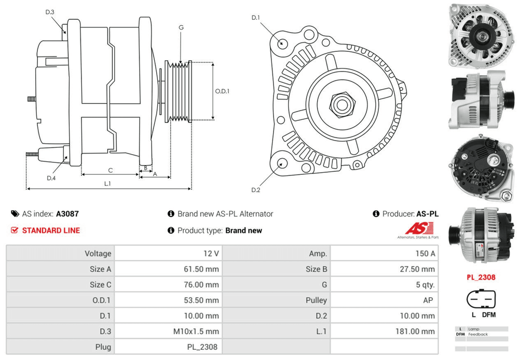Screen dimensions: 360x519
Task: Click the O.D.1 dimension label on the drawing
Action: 222,91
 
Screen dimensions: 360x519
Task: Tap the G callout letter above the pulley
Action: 181,27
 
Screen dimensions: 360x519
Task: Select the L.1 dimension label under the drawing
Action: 107,183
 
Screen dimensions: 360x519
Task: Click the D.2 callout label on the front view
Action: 255,190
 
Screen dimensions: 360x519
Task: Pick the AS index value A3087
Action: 67,214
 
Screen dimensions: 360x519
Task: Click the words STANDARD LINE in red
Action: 51,230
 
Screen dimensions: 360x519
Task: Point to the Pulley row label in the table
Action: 316,300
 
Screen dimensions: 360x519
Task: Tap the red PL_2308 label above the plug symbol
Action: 480,277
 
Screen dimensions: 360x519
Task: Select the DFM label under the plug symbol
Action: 488,315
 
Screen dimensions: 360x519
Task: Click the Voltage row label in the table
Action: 98,254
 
